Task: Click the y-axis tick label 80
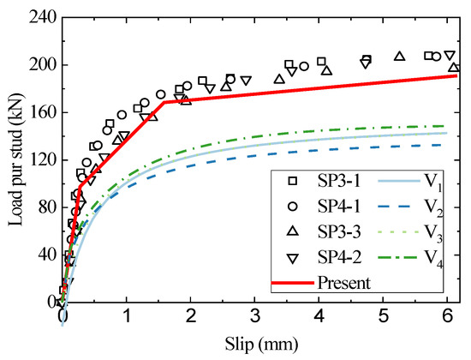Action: (45, 207)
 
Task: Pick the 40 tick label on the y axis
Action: (45, 255)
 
